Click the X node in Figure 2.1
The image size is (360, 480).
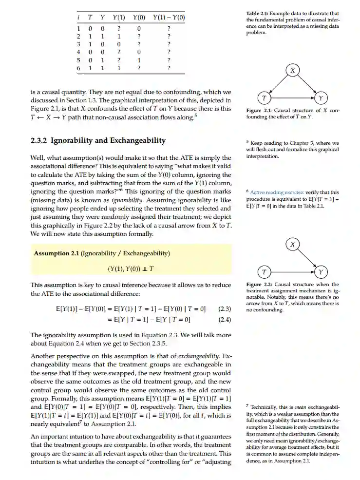pos(292,71)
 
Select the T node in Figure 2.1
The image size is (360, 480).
pos(264,98)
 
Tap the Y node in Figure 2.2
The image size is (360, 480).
pos(321,271)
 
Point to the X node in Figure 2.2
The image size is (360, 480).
pos(292,244)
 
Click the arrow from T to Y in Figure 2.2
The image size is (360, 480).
pos(292,271)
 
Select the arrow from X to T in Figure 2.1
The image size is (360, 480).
pos(278,85)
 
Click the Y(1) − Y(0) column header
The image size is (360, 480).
pos(169,18)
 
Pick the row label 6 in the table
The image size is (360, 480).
pos(78,69)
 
